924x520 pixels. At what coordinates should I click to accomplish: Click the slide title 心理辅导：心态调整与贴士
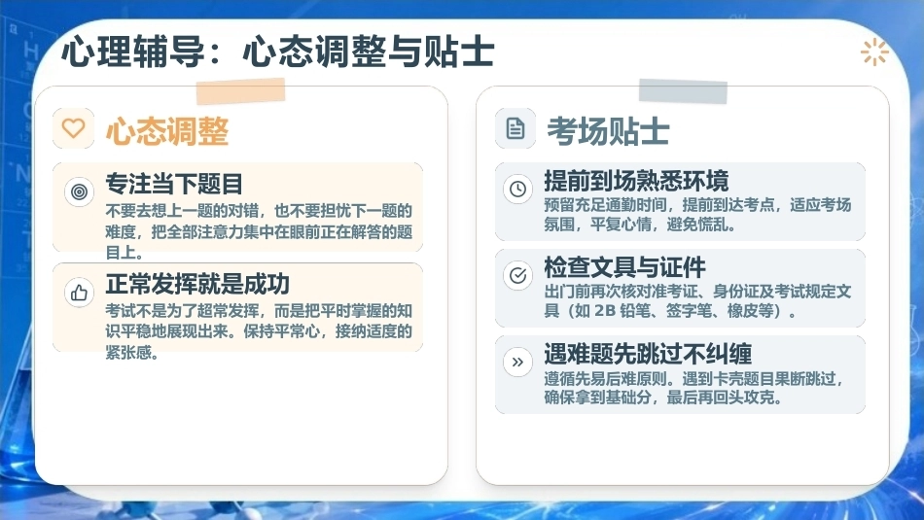click(277, 52)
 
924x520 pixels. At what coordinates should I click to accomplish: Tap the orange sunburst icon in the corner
click(874, 52)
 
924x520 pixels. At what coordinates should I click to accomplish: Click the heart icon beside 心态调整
click(74, 127)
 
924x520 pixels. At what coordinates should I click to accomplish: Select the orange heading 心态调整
click(167, 131)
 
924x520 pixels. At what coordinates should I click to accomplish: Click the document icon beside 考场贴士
click(515, 128)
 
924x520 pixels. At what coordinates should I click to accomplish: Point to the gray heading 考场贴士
click(608, 131)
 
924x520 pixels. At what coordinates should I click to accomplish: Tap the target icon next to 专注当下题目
click(79, 191)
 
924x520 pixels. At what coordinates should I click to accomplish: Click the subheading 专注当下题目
click(174, 184)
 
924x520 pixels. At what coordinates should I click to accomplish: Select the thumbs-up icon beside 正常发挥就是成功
click(79, 293)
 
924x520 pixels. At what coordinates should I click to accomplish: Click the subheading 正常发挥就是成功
click(197, 284)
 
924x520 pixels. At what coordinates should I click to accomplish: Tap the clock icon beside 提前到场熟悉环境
click(518, 189)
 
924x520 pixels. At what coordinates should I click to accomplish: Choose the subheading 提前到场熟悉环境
click(636, 181)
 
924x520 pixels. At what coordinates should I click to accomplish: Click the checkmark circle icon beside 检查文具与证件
click(518, 276)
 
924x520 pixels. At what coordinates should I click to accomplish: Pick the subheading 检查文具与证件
click(624, 267)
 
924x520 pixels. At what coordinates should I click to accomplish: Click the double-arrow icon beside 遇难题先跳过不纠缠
click(518, 363)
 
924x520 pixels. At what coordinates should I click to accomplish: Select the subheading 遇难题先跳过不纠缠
click(648, 354)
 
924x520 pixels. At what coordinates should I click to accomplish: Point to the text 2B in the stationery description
click(604, 310)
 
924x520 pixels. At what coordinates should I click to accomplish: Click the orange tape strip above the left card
click(240, 91)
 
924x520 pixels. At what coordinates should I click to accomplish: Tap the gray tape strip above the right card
click(683, 91)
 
